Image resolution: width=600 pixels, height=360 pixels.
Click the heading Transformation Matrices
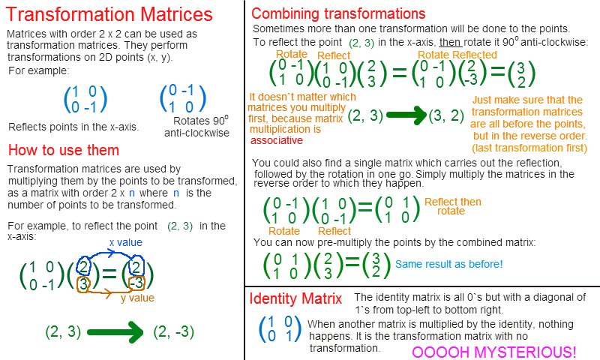pos(109,14)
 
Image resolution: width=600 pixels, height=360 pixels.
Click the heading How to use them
pos(64,150)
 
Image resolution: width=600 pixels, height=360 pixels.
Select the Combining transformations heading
pos(338,13)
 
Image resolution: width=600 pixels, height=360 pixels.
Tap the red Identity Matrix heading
pos(295,298)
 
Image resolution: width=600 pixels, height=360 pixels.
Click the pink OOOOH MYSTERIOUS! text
pos(494,352)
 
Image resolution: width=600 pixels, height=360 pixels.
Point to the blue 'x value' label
pos(126,242)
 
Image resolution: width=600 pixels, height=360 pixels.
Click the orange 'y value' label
pos(138,298)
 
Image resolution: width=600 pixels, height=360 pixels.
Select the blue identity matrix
pos(280,329)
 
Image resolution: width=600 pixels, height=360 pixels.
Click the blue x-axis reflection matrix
pos(85,100)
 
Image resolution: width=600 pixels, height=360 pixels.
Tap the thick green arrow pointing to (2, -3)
pos(115,332)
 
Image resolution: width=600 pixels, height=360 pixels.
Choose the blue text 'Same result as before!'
pos(448,264)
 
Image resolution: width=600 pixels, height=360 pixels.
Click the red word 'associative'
pos(277,140)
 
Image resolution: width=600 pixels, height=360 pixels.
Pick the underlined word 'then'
pos(450,42)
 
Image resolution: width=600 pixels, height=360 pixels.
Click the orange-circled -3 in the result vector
pos(136,283)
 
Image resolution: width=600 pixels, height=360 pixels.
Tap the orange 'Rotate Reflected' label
pos(457,55)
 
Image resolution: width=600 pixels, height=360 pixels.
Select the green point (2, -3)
pos(174,331)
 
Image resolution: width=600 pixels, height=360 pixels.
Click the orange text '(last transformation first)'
pos(529,148)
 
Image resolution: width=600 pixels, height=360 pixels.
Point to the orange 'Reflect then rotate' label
pos(453,206)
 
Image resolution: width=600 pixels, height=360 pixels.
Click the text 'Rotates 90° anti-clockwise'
pos(197,126)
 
